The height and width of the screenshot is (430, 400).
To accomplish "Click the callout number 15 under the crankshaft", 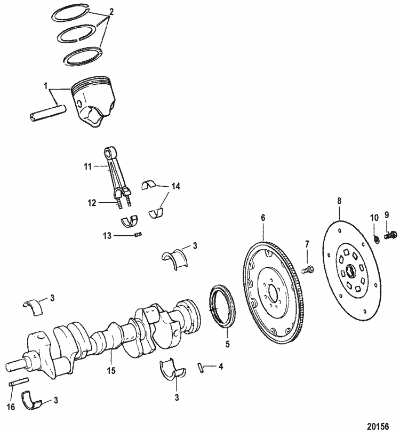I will (110, 369).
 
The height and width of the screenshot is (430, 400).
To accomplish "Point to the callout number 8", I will (339, 202).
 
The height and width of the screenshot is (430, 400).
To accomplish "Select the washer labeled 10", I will (375, 236).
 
